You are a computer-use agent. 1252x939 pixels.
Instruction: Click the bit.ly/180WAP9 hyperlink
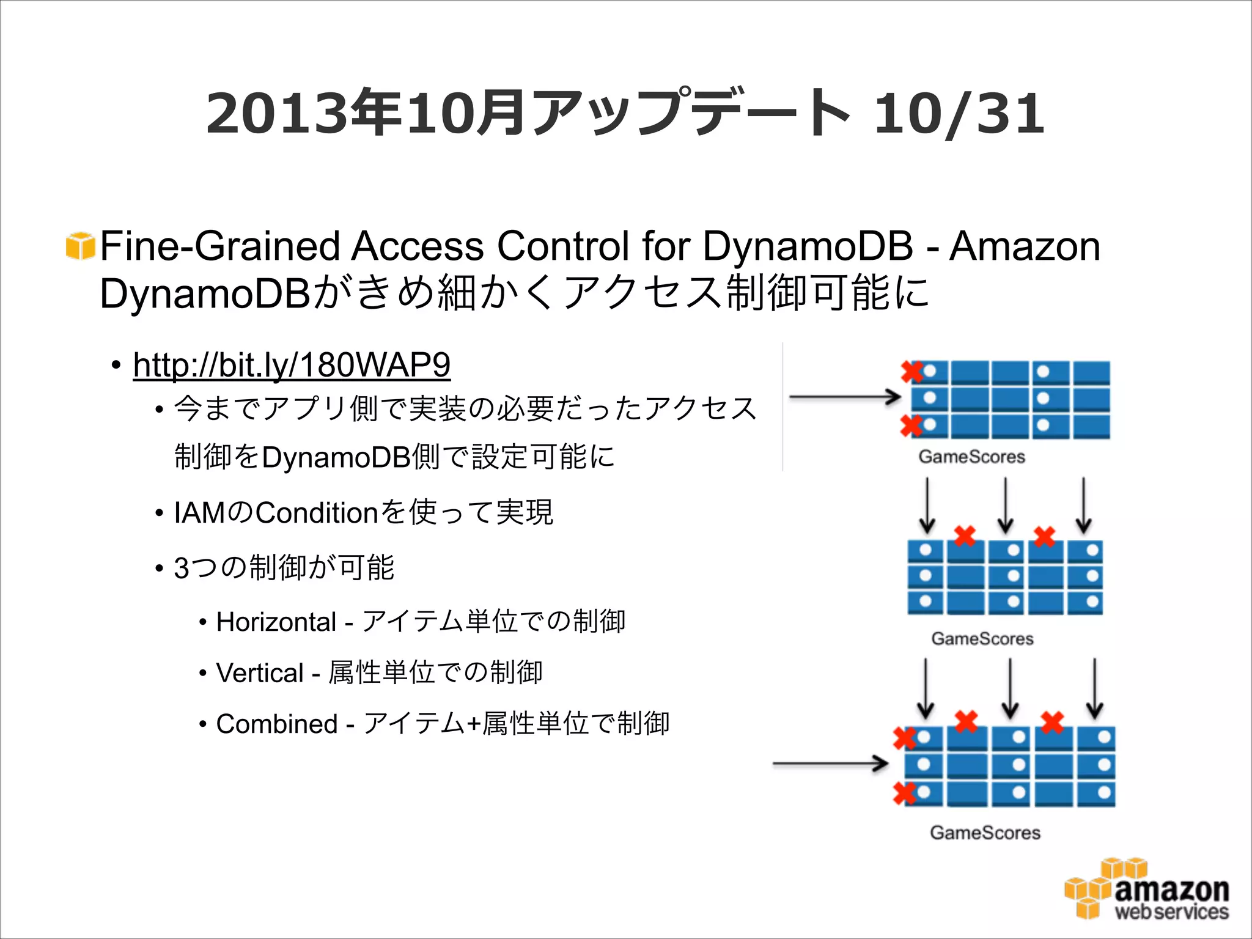coord(292,365)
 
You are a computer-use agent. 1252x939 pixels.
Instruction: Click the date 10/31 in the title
coord(959,114)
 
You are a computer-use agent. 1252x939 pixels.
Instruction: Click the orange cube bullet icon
coord(80,246)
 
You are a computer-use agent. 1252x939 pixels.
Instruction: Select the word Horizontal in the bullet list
coord(276,622)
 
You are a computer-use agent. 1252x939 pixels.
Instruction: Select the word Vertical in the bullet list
coord(260,673)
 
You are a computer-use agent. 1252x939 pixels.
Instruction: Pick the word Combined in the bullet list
coord(276,724)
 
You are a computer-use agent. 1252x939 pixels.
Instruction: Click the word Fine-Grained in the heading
coord(219,246)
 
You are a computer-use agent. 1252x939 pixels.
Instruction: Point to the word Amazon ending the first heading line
coord(1025,246)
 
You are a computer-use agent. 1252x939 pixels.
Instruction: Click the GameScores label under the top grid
coord(971,457)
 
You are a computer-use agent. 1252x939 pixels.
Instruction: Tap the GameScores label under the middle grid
coord(982,638)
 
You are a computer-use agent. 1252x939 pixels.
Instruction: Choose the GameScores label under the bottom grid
coord(985,832)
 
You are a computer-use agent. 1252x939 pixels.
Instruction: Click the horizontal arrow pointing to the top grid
coord(844,397)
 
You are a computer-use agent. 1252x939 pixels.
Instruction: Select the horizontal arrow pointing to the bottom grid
coord(830,764)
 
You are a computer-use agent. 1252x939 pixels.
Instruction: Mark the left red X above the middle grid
coord(965,536)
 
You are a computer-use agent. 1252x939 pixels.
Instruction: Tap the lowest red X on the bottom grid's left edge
coord(904,793)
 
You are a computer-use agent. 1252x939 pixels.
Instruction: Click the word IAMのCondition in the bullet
coord(275,512)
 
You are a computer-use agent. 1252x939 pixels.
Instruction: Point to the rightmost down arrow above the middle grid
coord(1083,505)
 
